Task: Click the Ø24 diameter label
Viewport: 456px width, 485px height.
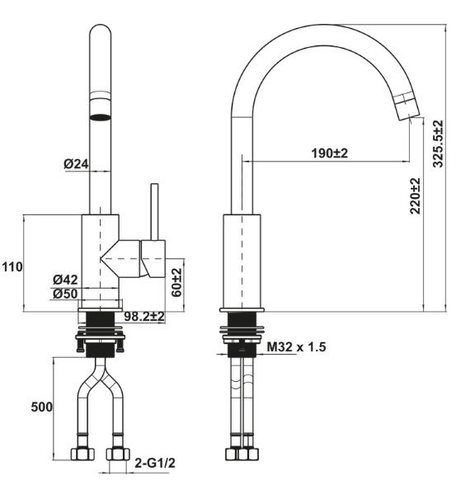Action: (x=76, y=164)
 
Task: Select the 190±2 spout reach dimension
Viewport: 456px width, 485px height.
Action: (x=330, y=153)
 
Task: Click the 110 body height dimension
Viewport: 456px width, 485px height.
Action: (x=12, y=267)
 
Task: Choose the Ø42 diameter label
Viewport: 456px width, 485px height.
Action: (x=65, y=279)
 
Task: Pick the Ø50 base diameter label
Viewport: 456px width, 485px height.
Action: (x=65, y=294)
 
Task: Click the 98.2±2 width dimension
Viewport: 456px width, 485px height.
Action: (x=145, y=316)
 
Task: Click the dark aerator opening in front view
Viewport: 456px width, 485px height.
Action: (x=100, y=116)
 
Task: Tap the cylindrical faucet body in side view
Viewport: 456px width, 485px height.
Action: (x=243, y=260)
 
